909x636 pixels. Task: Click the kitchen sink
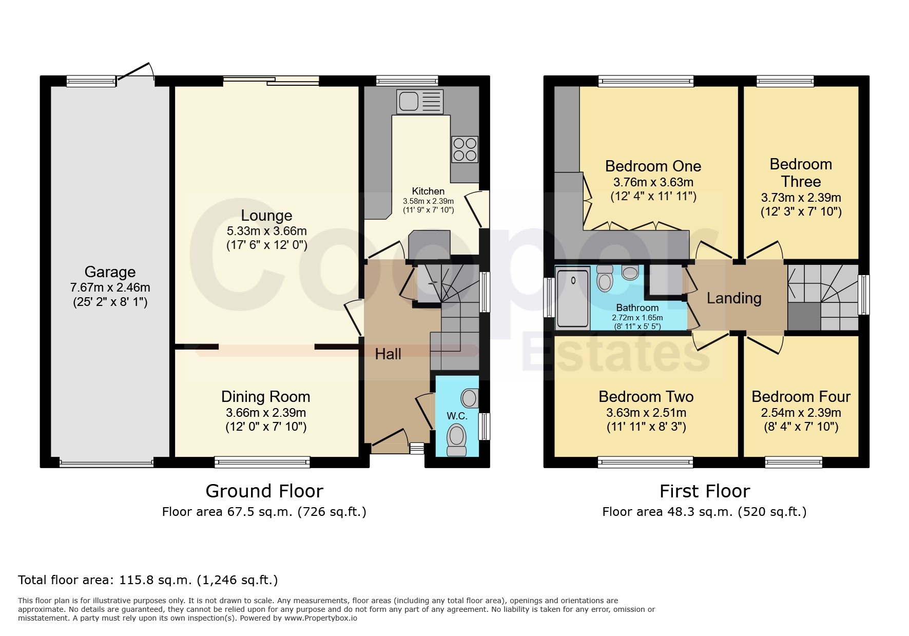(x=419, y=101)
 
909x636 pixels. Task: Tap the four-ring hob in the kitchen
(x=465, y=149)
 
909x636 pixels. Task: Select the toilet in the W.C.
(x=456, y=440)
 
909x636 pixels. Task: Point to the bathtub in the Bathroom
(x=573, y=298)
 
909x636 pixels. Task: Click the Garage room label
(x=110, y=272)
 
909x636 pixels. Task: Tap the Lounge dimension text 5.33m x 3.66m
(x=267, y=231)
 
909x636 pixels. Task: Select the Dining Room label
(x=265, y=396)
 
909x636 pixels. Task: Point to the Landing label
(x=734, y=298)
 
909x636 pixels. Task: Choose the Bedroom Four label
(x=801, y=396)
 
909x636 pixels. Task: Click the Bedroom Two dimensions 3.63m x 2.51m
(x=646, y=412)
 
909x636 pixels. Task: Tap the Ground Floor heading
(x=264, y=491)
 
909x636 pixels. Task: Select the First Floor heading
(x=705, y=491)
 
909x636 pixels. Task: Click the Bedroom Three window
(x=785, y=81)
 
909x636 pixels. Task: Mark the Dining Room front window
(x=262, y=462)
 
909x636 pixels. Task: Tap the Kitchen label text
(x=428, y=191)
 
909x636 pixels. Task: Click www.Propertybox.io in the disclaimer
(x=321, y=618)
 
